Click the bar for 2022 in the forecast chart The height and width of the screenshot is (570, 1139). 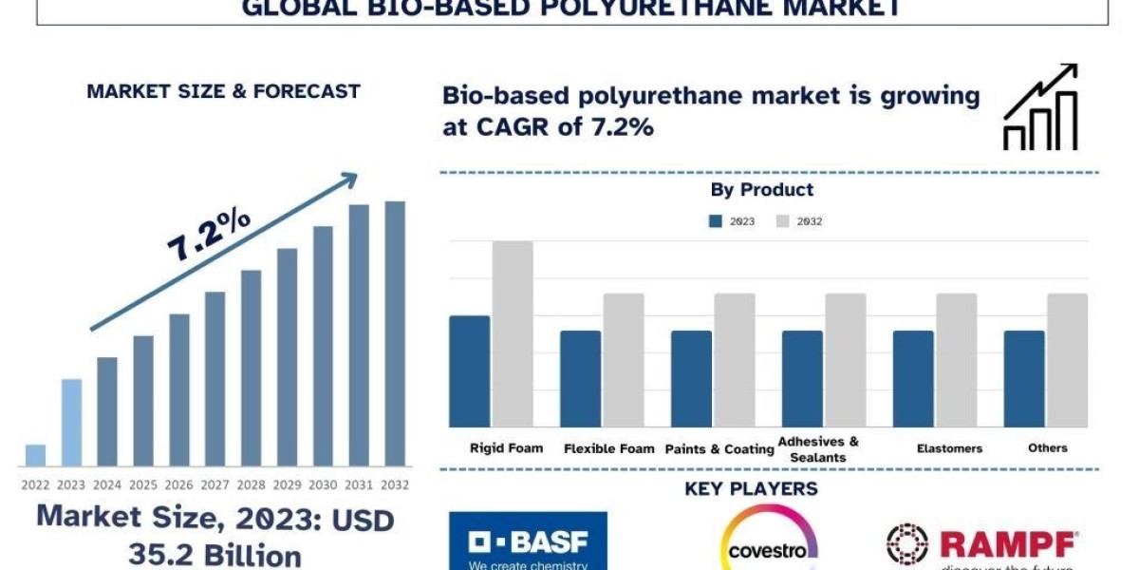pyautogui.click(x=35, y=455)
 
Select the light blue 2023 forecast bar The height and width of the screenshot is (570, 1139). pyautogui.click(x=71, y=423)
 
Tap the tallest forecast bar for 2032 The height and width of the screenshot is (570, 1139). pyautogui.click(x=395, y=333)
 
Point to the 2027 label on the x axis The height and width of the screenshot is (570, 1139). pyautogui.click(x=215, y=484)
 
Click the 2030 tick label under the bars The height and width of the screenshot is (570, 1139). pyautogui.click(x=323, y=484)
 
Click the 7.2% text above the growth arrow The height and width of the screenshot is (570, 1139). pyautogui.click(x=209, y=235)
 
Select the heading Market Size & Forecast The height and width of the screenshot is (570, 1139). pyautogui.click(x=223, y=91)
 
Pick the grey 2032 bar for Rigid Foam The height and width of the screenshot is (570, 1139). pyautogui.click(x=513, y=333)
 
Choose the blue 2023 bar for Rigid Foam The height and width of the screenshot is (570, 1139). pyautogui.click(x=470, y=370)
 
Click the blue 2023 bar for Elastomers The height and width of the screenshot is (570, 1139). pyautogui.click(x=913, y=378)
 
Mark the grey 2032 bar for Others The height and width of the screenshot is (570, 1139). pyautogui.click(x=1068, y=360)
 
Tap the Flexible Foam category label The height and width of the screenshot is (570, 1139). pyautogui.click(x=609, y=448)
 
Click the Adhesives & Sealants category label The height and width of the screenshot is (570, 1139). pyautogui.click(x=818, y=448)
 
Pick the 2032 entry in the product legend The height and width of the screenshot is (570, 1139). pyautogui.click(x=799, y=221)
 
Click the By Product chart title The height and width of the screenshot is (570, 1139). pyautogui.click(x=762, y=190)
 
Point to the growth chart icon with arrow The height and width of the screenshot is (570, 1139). pyautogui.click(x=1040, y=107)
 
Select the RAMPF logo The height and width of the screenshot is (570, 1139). pyautogui.click(x=982, y=545)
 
